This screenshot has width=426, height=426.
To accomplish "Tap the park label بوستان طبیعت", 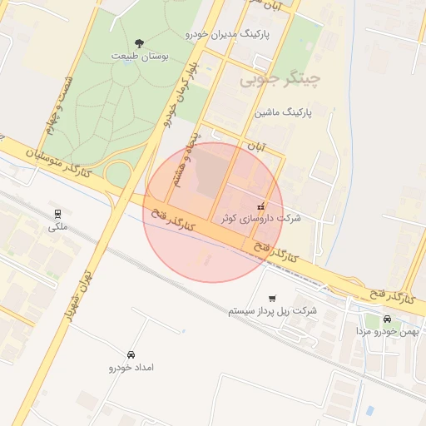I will (140, 55).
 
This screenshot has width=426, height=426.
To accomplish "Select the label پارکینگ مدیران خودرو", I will (225, 34).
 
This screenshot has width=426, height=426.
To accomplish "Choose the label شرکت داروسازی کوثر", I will (261, 218).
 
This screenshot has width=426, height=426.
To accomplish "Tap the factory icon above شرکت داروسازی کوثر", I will (261, 206).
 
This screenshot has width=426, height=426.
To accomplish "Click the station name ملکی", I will (57, 226).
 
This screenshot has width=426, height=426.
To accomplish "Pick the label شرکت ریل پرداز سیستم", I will (272, 310).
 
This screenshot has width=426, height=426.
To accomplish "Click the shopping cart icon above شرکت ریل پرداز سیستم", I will (272, 298).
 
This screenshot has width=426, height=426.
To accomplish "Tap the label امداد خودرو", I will (131, 367).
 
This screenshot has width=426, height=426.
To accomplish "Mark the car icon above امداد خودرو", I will (131, 354).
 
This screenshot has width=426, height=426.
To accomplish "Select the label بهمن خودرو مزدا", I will (386, 331).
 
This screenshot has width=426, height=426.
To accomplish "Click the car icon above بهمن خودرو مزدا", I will (387, 319).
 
